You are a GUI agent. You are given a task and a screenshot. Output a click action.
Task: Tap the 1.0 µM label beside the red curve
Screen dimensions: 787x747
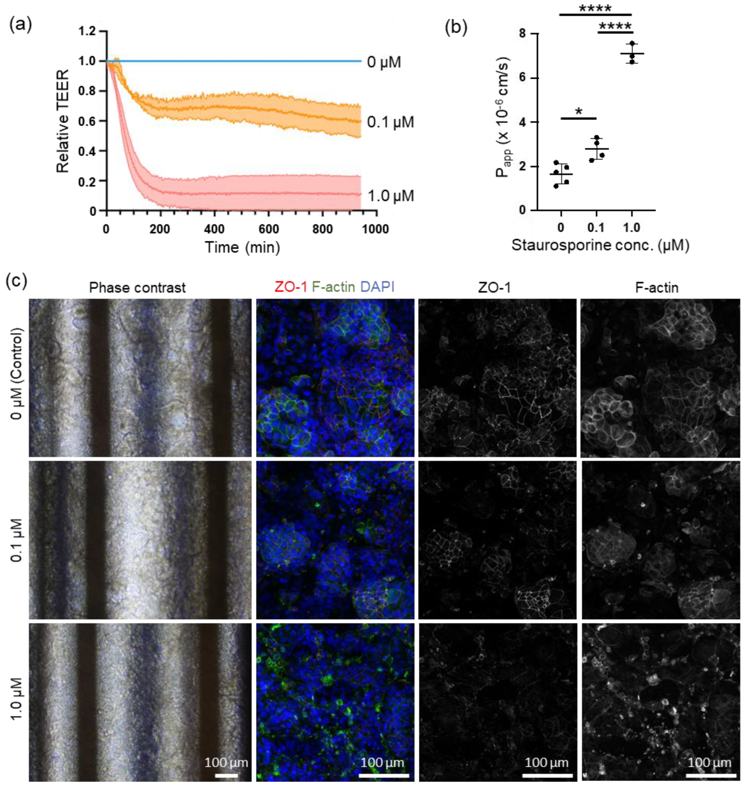[x=390, y=196]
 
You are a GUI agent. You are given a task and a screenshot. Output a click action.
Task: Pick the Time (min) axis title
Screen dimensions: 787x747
[x=242, y=248]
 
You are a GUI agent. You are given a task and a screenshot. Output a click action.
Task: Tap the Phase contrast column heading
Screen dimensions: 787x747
[x=137, y=288]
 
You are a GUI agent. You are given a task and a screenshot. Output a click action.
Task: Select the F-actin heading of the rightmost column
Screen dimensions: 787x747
[x=657, y=288]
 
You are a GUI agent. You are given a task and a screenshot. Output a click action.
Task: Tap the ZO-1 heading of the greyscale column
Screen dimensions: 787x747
[x=494, y=288]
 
